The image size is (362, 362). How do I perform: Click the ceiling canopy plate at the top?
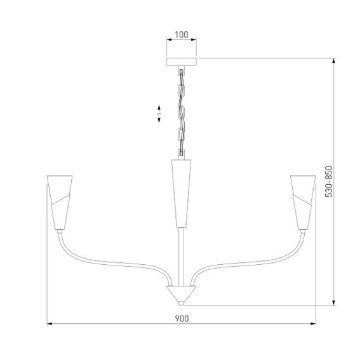coord(182,62)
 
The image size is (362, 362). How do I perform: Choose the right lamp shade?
coord(303,201)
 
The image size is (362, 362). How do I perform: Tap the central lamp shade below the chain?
coord(182,191)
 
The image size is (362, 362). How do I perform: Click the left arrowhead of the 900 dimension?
coord(51,325)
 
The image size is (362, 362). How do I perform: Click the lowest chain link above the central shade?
coord(182,150)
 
